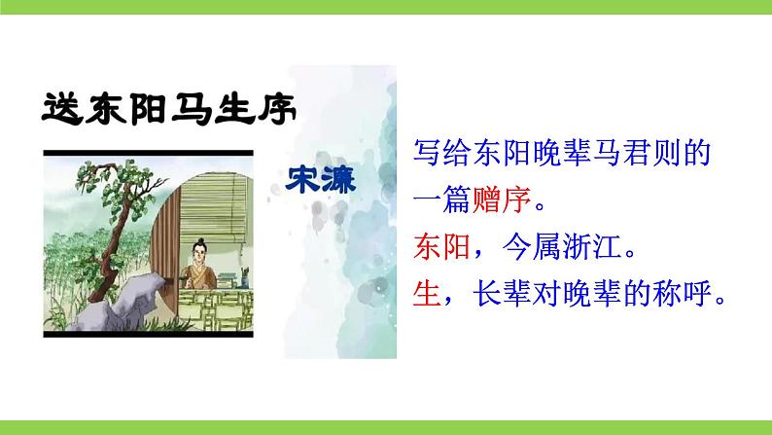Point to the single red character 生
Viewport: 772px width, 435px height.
click(427, 293)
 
